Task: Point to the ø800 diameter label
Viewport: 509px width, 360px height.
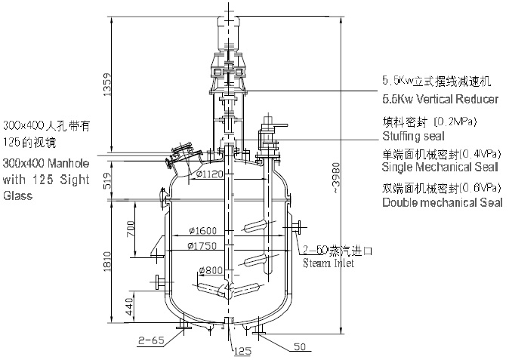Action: pos(211,271)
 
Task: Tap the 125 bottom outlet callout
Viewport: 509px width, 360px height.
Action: pos(242,350)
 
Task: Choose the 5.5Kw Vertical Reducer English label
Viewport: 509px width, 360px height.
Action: pos(440,99)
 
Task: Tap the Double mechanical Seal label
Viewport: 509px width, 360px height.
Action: pos(440,202)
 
